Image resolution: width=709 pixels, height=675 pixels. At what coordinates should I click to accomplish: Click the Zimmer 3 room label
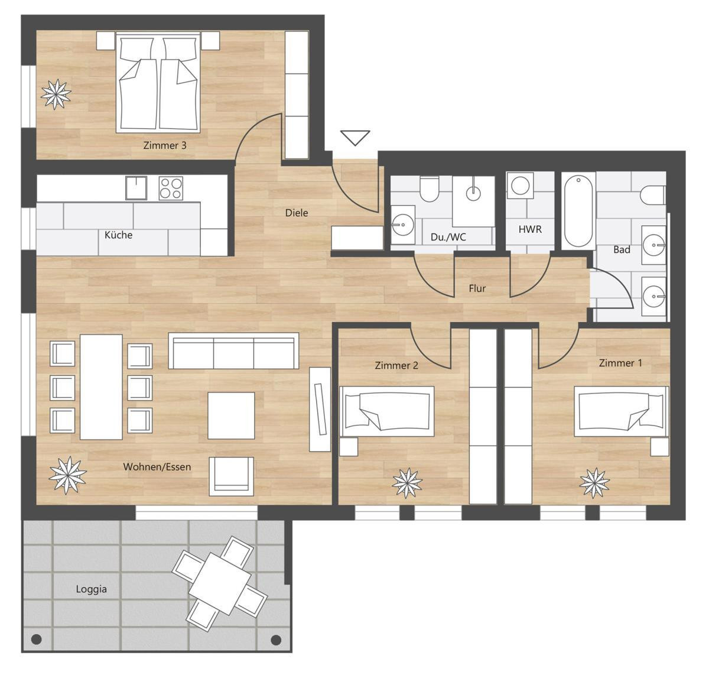(x=165, y=145)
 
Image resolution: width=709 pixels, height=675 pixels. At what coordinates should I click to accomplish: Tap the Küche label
(x=118, y=235)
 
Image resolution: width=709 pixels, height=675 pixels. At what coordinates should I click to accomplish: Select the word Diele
(x=297, y=213)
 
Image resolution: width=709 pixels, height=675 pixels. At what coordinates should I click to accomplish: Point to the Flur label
(x=477, y=288)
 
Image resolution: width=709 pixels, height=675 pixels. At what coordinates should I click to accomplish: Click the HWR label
(x=530, y=229)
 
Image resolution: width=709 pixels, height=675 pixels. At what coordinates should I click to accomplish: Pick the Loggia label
(x=91, y=589)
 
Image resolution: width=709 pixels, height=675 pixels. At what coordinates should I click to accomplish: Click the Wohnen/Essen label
(x=157, y=467)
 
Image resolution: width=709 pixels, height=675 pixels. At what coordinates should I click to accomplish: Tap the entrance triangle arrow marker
(x=355, y=138)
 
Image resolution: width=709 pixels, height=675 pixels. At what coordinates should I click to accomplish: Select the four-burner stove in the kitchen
(x=171, y=189)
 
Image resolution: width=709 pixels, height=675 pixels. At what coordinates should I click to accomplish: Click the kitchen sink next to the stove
(x=136, y=188)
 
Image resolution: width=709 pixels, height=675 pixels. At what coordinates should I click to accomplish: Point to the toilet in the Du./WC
(x=429, y=189)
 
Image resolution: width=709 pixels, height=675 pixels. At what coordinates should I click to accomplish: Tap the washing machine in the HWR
(x=520, y=185)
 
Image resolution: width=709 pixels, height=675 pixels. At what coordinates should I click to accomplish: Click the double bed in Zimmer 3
(x=158, y=82)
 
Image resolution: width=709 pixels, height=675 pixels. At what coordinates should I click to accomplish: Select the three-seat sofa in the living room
(x=234, y=351)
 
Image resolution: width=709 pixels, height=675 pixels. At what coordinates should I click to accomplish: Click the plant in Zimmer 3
(x=56, y=94)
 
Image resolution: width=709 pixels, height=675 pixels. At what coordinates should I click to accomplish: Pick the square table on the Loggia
(x=220, y=583)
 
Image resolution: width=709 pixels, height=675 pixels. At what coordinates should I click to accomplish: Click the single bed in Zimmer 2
(x=386, y=411)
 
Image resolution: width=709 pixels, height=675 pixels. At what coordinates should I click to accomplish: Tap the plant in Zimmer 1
(x=594, y=483)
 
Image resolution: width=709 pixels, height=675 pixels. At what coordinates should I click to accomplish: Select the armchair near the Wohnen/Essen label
(x=231, y=476)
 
